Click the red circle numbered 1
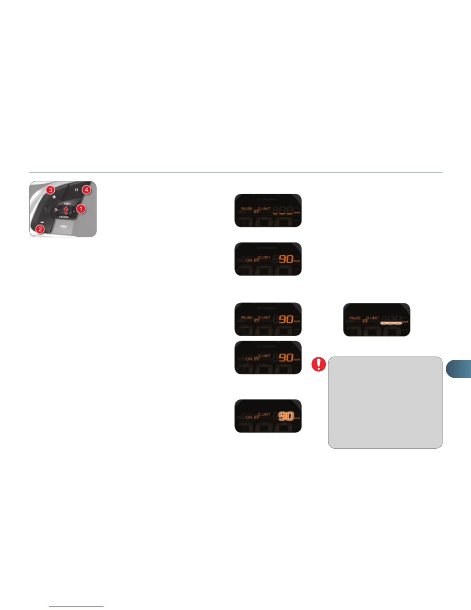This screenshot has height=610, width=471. point(81,209)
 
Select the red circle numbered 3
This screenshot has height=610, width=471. point(50,190)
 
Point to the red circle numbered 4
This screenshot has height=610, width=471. point(87,189)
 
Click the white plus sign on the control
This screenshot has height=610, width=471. point(54,197)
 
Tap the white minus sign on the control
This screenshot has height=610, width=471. point(42,222)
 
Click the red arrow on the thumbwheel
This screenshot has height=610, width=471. point(66,210)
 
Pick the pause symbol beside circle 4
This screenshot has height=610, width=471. point(76,190)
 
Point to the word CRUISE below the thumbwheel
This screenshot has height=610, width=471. point(64,217)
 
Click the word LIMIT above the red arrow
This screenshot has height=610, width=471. point(67,204)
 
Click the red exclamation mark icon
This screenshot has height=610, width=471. point(319,364)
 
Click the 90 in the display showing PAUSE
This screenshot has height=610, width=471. point(286,319)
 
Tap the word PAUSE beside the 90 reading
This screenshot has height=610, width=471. point(246,318)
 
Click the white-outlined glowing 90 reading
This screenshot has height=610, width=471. point(286,416)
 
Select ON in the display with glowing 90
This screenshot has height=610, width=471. point(249,417)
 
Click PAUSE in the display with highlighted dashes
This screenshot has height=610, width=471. point(355,318)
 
